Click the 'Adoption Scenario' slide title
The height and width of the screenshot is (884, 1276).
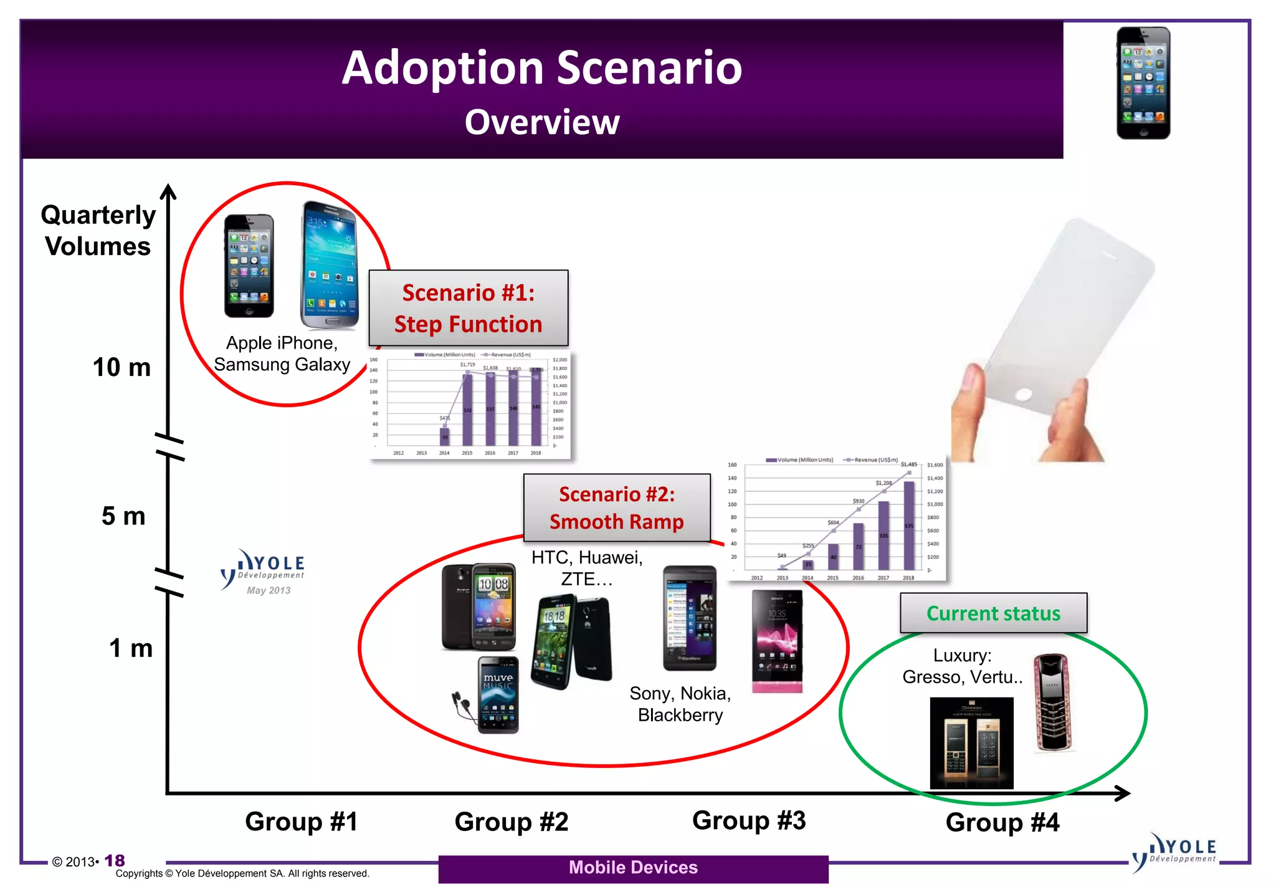(x=541, y=67)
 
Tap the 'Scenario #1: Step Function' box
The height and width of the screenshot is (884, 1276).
(x=468, y=308)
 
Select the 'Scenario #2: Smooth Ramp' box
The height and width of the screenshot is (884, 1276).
(x=616, y=507)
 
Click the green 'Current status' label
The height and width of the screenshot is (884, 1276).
(x=993, y=613)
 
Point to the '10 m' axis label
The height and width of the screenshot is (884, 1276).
(x=121, y=367)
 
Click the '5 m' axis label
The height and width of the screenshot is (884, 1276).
(x=123, y=516)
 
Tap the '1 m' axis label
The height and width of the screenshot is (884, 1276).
(x=131, y=648)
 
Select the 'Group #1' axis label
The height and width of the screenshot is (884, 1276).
(x=302, y=822)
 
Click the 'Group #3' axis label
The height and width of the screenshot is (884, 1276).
(x=749, y=820)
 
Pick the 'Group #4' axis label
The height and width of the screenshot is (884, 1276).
(x=1002, y=822)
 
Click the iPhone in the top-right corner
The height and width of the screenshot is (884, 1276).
(x=1143, y=83)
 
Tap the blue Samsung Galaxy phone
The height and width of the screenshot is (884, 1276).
(x=330, y=265)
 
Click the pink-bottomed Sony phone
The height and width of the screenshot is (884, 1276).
(x=776, y=642)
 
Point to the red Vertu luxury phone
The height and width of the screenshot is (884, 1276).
(x=1052, y=702)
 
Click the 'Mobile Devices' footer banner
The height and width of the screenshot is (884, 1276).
(x=633, y=868)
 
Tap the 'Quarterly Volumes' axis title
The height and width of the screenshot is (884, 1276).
(x=98, y=230)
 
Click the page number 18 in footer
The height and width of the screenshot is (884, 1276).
(x=115, y=860)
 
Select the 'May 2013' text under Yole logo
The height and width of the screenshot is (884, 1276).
(x=269, y=590)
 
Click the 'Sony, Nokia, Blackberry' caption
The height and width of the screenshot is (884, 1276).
(x=680, y=704)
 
